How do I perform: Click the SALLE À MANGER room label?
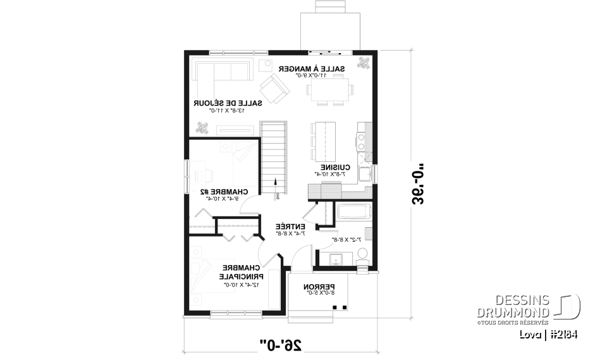tap(322, 68)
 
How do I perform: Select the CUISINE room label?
tap(329, 167)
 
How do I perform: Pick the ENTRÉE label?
tap(290, 226)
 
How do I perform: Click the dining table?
tap(329, 89)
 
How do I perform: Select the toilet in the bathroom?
tap(362, 254)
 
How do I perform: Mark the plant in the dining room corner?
tap(365, 63)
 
